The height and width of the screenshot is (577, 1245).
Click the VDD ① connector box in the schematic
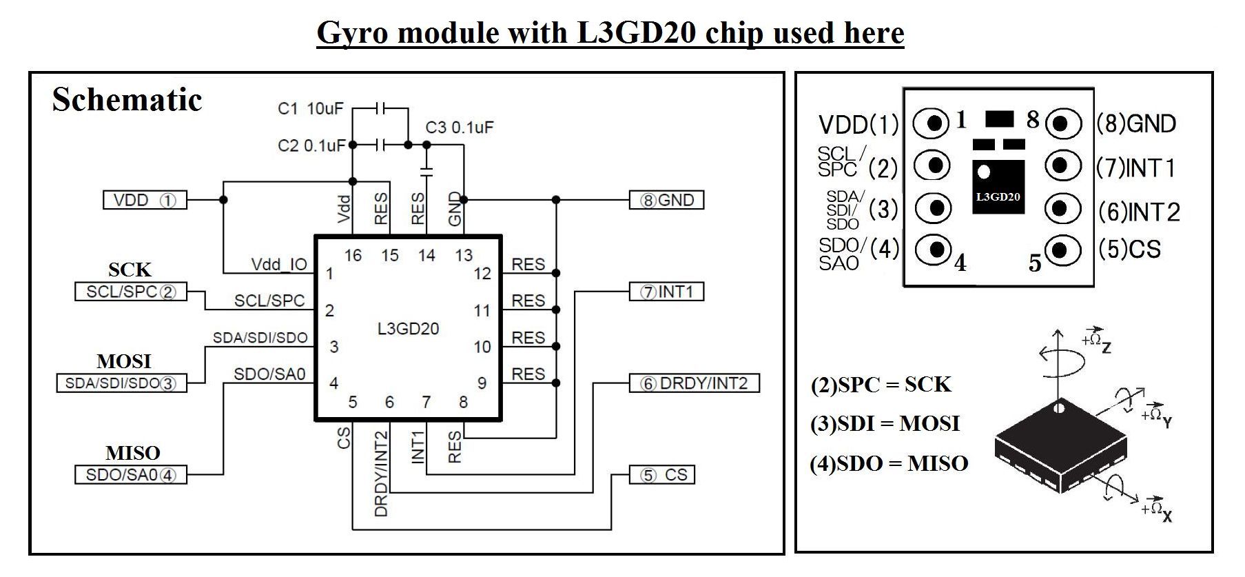click(145, 200)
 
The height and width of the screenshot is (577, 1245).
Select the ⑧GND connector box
click(666, 200)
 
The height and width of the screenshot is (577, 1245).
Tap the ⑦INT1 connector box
click(666, 292)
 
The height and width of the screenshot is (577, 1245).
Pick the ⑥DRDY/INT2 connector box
click(694, 383)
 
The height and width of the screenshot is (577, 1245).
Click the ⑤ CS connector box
click(662, 475)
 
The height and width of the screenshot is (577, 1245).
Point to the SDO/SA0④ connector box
click(130, 475)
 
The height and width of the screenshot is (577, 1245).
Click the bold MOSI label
click(124, 361)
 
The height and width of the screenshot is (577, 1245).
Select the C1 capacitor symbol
click(381, 108)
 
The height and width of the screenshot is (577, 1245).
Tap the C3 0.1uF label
click(460, 128)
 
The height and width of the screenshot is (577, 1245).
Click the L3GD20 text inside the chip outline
click(408, 329)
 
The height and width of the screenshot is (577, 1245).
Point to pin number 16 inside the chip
click(353, 256)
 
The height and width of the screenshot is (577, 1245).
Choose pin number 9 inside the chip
click(482, 383)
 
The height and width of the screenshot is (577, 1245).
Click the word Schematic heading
click(127, 100)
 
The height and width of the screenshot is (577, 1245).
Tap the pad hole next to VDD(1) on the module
click(934, 123)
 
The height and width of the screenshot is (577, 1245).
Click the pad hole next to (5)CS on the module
click(1062, 249)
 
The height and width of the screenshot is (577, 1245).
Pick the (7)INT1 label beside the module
click(1136, 168)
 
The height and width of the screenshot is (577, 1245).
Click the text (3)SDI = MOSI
click(885, 423)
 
